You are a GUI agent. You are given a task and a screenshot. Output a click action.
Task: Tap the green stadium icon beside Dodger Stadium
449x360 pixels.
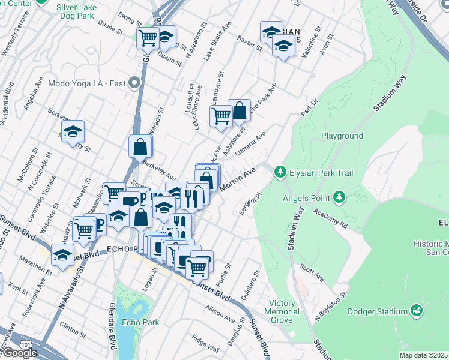[x=415, y=310]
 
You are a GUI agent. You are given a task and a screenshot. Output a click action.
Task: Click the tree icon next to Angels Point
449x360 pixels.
[x=339, y=197]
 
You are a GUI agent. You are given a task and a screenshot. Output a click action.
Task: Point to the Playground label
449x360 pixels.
[x=342, y=136]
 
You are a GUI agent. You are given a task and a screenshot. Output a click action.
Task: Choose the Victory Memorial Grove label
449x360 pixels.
[x=284, y=311]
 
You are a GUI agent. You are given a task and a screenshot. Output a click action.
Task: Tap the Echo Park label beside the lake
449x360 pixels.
[x=140, y=322]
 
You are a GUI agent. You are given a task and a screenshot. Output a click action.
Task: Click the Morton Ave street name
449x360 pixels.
[x=238, y=179]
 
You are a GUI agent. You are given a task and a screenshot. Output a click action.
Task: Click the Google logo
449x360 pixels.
[x=19, y=353]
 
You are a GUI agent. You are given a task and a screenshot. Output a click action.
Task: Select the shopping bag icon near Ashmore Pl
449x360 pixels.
[x=239, y=110]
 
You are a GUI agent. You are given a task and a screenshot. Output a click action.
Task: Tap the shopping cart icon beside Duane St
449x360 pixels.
[x=147, y=38]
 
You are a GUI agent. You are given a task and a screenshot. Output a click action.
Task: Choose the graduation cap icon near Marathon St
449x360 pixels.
[x=62, y=254]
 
